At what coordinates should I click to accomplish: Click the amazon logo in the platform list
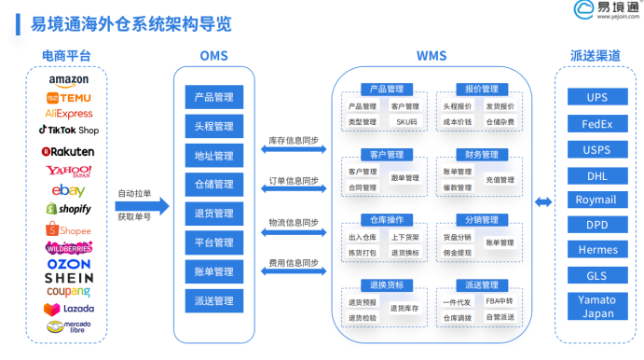tap(69, 81)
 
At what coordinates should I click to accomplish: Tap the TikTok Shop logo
tap(69, 130)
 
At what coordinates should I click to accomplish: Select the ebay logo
tap(69, 190)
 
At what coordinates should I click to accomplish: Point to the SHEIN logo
tap(69, 277)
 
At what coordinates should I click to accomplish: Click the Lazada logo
tap(69, 308)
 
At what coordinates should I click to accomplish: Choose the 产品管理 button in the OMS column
tap(214, 96)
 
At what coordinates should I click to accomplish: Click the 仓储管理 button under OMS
tap(214, 184)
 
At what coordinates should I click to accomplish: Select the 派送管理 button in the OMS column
tap(214, 300)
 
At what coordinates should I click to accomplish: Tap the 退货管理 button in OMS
tap(214, 213)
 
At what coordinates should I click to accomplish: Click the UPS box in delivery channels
tap(597, 97)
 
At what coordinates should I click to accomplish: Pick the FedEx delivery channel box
tap(597, 123)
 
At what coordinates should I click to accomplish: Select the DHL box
tap(597, 174)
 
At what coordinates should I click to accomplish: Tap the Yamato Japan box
tap(597, 307)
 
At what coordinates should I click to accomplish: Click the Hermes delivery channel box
tap(597, 251)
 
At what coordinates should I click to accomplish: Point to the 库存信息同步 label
tap(294, 140)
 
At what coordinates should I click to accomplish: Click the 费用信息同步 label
tap(294, 263)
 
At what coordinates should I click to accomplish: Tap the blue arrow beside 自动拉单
tap(155, 206)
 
